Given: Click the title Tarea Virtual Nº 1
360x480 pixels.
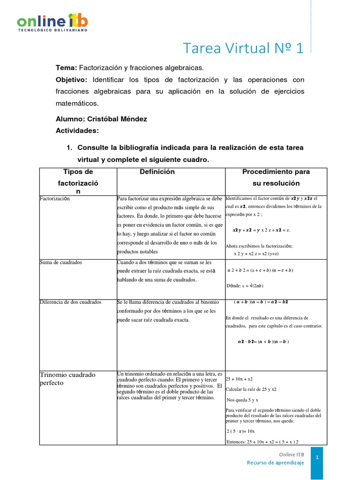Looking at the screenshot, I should click(243, 48).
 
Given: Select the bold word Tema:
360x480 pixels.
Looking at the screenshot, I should click(66, 67).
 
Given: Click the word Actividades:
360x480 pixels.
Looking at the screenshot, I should click(77, 130).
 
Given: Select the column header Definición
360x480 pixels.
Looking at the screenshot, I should click(157, 172).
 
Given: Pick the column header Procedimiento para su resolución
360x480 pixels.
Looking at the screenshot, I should click(276, 178).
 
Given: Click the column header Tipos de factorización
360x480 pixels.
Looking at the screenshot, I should click(78, 182).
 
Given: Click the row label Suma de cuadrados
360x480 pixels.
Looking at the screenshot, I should click(61, 262).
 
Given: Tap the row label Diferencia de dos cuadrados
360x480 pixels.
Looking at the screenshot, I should click(71, 302).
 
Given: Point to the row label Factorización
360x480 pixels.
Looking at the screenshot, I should click(55, 198).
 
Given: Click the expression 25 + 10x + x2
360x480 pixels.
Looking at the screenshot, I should click(239, 379).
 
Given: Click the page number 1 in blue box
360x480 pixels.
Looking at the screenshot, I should click(317, 457).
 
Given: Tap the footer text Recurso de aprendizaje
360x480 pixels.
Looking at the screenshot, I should click(276, 463).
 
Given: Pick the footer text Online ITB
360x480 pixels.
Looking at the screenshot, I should click(291, 454).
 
